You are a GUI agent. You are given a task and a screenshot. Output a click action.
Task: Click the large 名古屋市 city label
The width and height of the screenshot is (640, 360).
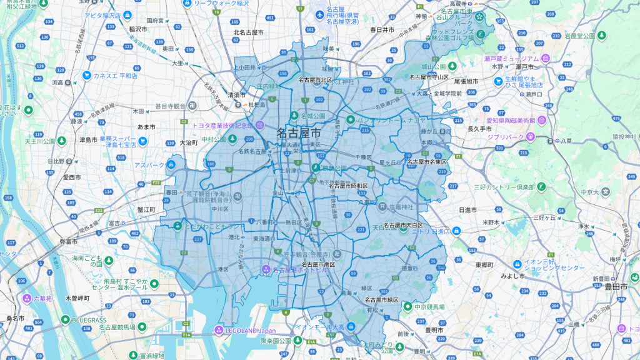(299, 133)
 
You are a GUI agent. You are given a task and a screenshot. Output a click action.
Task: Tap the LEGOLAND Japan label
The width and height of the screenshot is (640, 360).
(251, 330)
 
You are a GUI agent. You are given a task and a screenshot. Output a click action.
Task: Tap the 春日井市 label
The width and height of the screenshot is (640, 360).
(381, 29)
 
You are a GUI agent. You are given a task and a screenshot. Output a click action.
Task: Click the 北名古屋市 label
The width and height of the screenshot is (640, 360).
(248, 32)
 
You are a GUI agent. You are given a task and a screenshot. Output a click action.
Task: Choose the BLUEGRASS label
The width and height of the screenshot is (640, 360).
(89, 320)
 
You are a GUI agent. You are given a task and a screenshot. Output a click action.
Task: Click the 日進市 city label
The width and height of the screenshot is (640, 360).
(468, 210)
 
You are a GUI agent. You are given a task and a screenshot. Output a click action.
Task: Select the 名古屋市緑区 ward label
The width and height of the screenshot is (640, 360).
(382, 300)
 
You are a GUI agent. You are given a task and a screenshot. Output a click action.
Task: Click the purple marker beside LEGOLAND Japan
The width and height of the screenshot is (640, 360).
(219, 330)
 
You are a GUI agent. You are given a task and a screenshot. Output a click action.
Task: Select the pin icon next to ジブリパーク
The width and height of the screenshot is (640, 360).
(531, 135)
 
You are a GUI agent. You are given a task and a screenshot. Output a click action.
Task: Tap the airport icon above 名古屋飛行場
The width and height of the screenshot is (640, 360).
(320, 12)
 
